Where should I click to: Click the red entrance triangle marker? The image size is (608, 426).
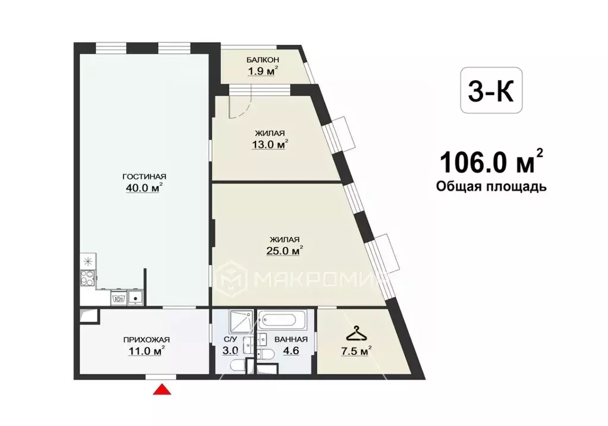point(162,389)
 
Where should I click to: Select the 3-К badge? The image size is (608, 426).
point(492,90)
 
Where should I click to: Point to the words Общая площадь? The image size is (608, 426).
point(492,187)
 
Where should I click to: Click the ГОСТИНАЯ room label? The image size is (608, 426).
point(144,176)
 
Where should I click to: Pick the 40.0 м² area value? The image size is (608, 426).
point(144,188)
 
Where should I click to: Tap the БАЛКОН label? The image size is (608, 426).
point(263,60)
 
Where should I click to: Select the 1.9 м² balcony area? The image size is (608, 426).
point(263,71)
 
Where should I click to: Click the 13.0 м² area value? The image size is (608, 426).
point(270,144)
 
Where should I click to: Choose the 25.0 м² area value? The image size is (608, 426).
point(284,250)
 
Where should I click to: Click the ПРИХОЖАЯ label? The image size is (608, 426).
point(147,340)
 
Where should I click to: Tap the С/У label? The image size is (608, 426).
point(230,340)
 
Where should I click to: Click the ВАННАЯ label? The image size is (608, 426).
point(291,340)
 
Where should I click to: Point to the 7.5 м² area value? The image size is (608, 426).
point(356,351)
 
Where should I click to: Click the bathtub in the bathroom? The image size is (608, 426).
point(282,320)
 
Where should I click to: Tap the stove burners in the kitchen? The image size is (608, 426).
point(87,277)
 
